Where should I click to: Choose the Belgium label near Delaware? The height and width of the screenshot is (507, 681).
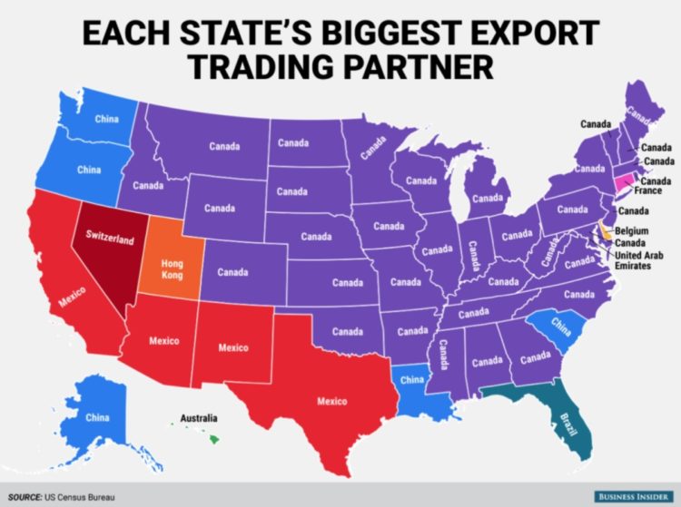tap(630, 232)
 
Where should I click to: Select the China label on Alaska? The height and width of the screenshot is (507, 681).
tap(97, 417)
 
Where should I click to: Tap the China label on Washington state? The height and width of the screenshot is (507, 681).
tap(106, 118)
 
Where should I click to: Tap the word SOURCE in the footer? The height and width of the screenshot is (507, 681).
tap(25, 496)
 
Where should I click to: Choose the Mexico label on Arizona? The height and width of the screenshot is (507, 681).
tap(163, 341)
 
